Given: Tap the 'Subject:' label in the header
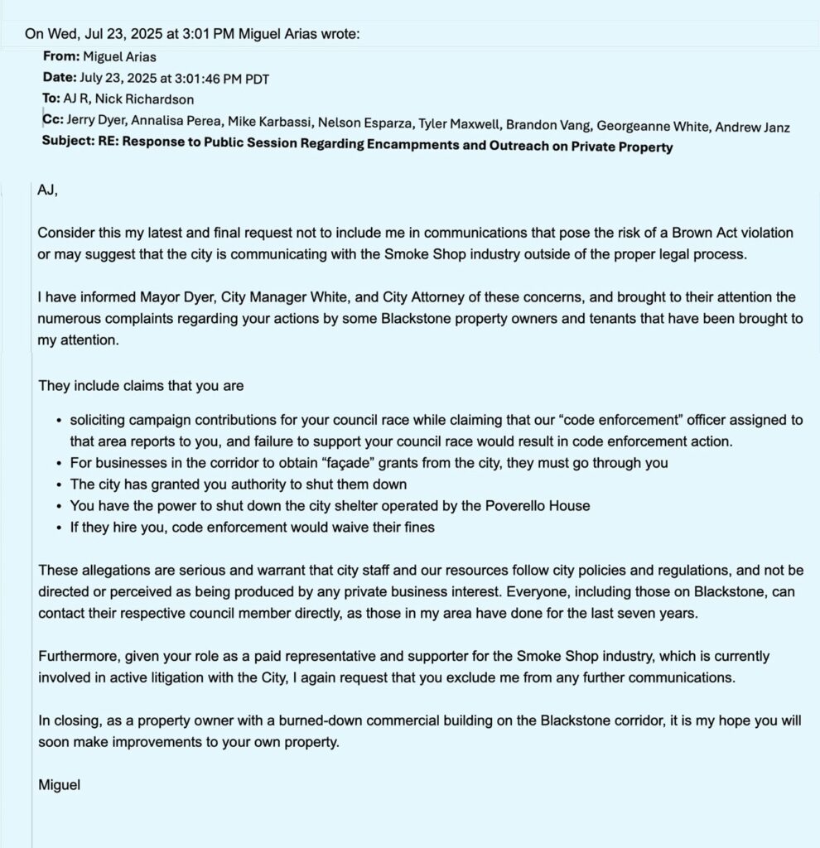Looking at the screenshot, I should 69,147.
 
